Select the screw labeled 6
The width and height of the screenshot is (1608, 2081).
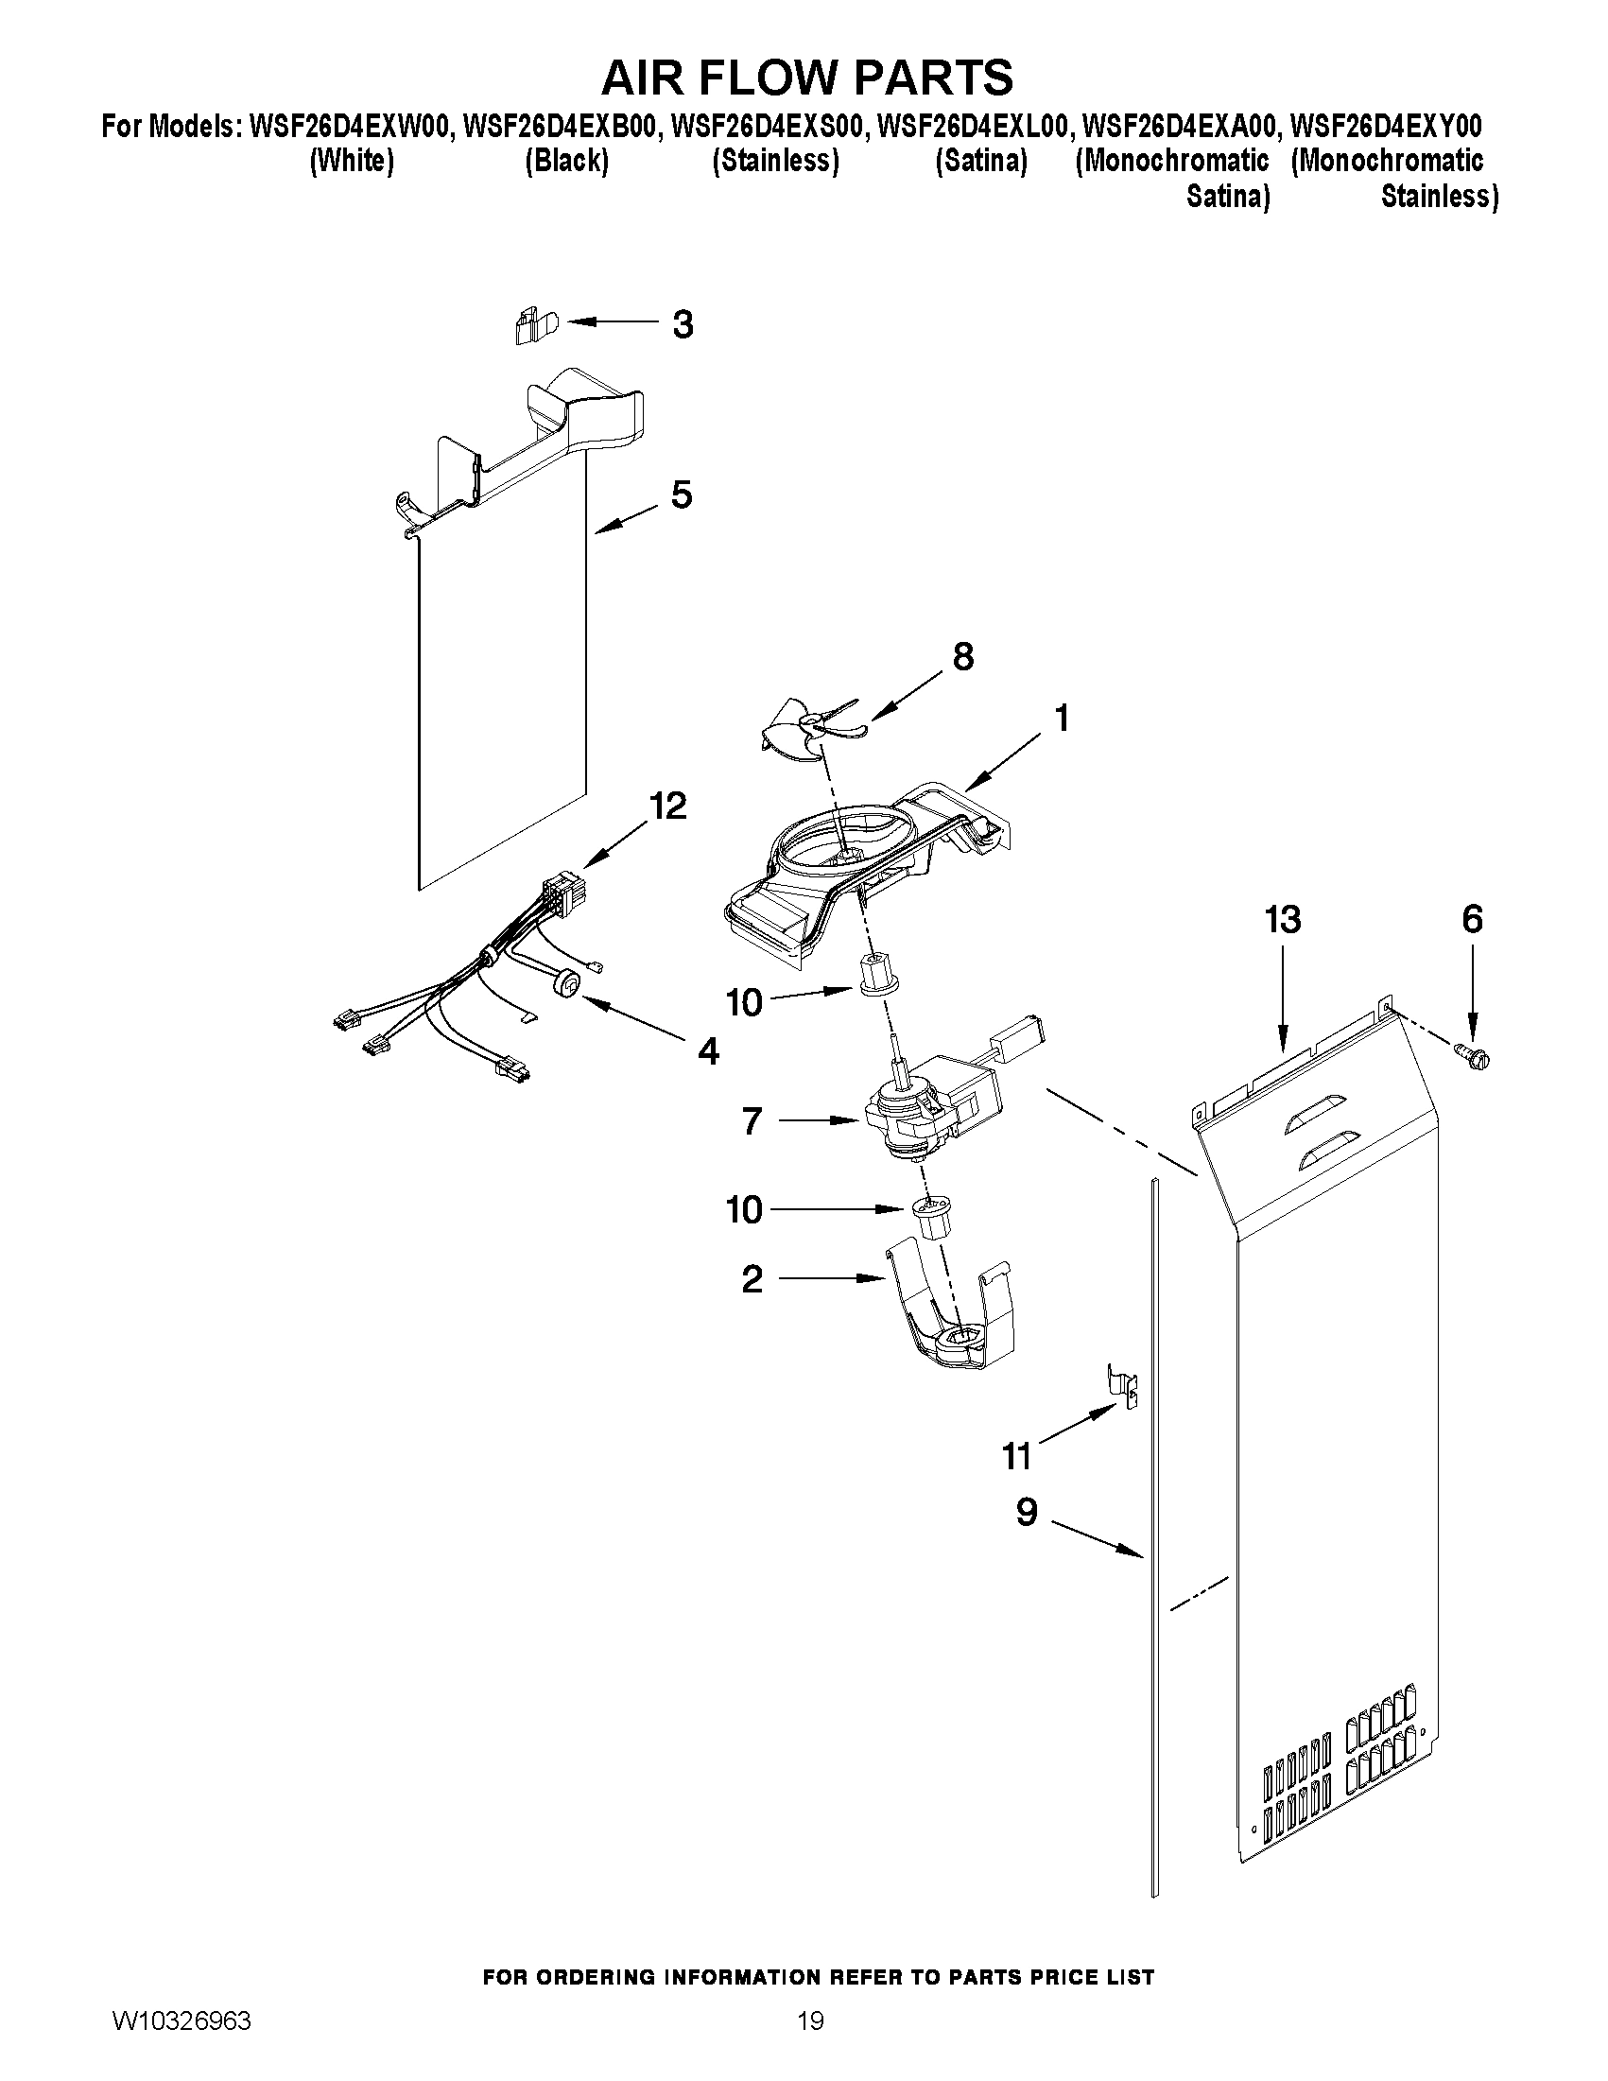click(1472, 1054)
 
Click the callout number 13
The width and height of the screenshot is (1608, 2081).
click(1282, 921)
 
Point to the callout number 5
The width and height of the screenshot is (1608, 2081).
click(682, 494)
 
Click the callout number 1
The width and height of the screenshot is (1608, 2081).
click(1062, 718)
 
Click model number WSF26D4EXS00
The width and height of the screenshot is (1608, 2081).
click(768, 126)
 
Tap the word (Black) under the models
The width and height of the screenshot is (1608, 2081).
click(567, 161)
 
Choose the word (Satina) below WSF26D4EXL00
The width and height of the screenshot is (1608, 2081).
click(980, 161)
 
